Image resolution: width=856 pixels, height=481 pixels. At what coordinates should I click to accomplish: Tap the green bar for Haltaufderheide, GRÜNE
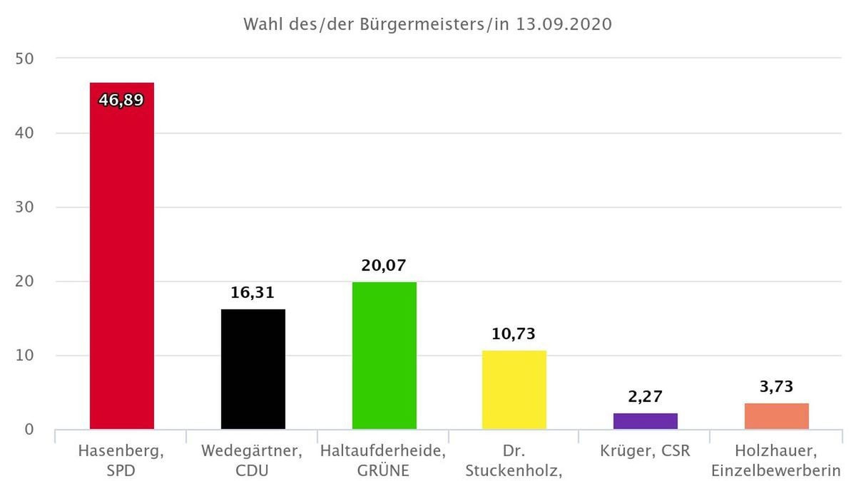[x=384, y=356]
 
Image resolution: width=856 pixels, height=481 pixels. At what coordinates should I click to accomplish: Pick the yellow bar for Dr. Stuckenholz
[x=514, y=391]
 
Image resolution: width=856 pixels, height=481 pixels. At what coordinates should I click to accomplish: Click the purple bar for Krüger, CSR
[x=646, y=421]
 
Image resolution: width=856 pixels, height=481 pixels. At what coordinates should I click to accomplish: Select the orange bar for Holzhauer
[x=776, y=416]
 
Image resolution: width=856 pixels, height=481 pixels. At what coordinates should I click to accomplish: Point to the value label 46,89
[x=121, y=99]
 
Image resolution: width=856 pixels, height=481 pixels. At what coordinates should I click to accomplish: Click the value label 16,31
[x=253, y=292]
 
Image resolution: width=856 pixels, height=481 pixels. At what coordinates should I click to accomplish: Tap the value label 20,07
[x=384, y=265]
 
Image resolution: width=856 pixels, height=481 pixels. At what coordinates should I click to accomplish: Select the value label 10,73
[x=514, y=333]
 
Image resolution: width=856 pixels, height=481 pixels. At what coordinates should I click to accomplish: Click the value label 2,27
[x=646, y=395]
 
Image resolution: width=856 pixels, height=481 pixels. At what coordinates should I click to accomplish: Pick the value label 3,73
[x=776, y=386]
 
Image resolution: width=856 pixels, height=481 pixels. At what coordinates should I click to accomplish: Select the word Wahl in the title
[x=262, y=24]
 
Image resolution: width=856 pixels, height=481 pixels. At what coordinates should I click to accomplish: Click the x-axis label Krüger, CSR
[x=646, y=451]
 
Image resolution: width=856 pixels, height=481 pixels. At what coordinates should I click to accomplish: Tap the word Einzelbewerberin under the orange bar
[x=776, y=470]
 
